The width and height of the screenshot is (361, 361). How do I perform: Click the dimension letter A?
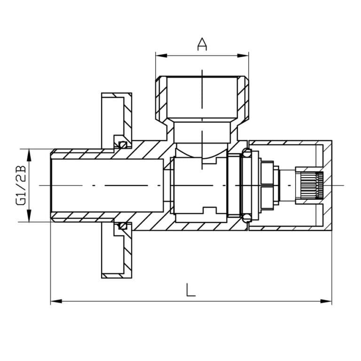[202, 44]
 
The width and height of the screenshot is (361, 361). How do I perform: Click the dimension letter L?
[191, 290]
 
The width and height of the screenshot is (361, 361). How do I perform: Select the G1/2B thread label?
[21, 185]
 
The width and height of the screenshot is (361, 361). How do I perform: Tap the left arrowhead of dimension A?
[161, 55]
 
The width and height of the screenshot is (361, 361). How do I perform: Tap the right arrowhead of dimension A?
[243, 55]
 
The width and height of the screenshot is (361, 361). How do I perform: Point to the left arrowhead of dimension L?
[56, 301]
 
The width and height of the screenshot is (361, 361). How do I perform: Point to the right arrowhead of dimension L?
[326, 301]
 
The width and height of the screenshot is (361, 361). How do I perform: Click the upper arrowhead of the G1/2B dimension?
[29, 155]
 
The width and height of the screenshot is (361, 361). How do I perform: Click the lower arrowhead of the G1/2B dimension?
[29, 216]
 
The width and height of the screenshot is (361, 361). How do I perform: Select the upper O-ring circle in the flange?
[123, 145]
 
